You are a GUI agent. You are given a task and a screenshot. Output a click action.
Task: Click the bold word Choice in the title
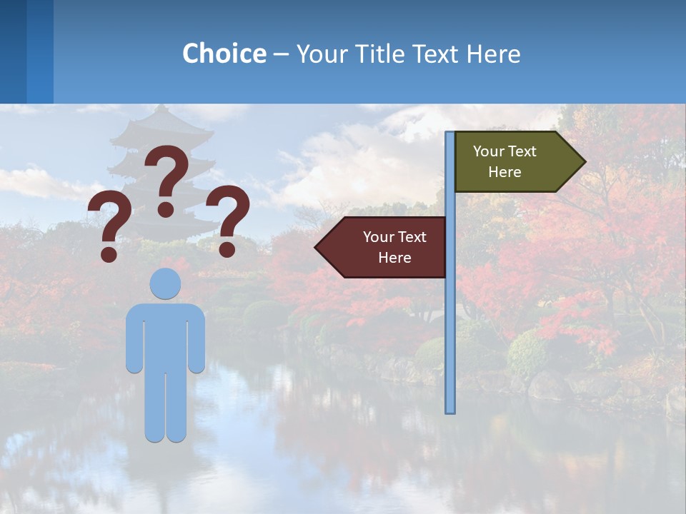[224, 54]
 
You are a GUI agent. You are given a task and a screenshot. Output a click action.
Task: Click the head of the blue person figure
[166, 283]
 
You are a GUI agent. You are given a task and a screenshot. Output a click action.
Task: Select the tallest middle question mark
[166, 178]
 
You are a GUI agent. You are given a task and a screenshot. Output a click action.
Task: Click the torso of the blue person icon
[166, 336]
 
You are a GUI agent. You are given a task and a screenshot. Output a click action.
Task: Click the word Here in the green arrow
[504, 172]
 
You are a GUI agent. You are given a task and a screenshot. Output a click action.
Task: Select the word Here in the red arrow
[394, 258]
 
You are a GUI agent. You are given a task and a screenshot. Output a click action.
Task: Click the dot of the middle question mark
[166, 209]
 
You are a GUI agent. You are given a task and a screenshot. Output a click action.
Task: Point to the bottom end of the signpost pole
[450, 410]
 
